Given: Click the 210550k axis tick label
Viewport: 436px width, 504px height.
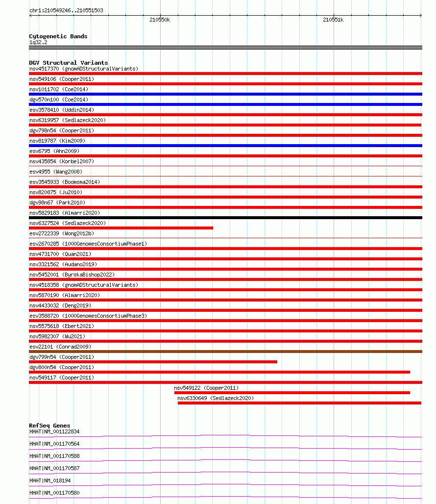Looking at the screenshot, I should (x=160, y=20).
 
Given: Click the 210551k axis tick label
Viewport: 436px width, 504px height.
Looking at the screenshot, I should (x=333, y=20).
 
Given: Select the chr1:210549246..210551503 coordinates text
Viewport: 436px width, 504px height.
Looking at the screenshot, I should (x=66, y=10).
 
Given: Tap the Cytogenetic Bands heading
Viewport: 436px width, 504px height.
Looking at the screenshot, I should (x=58, y=36).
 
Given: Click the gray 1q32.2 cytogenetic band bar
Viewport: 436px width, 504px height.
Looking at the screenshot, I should (x=225, y=48).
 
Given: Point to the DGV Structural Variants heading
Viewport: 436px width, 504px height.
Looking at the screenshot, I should (x=69, y=63).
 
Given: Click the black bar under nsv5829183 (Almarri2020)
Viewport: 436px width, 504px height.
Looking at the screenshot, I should (x=225, y=218).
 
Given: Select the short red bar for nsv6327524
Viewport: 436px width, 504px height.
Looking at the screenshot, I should (x=121, y=228).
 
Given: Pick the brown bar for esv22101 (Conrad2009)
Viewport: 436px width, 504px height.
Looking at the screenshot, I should (x=225, y=352).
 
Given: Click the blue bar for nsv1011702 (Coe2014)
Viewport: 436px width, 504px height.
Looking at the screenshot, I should (x=225, y=94).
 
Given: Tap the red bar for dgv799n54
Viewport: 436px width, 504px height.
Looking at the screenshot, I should (x=153, y=362).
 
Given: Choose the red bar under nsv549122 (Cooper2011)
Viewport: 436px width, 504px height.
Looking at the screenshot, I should (x=292, y=393).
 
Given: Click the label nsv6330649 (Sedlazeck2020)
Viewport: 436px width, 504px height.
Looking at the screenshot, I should (x=216, y=398).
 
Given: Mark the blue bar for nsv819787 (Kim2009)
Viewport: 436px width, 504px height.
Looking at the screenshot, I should (x=225, y=146).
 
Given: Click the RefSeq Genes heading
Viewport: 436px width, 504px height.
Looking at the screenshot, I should (x=49, y=426).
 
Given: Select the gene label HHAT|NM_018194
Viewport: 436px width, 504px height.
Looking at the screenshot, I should (x=50, y=481).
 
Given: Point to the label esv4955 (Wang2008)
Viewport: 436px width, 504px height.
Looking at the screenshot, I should (x=56, y=172).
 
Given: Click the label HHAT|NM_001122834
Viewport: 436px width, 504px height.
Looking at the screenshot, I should (x=54, y=431).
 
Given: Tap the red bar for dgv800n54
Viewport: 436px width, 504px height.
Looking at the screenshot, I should (x=219, y=372).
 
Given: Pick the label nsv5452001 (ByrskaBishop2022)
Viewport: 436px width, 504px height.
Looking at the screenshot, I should (x=72, y=275).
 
